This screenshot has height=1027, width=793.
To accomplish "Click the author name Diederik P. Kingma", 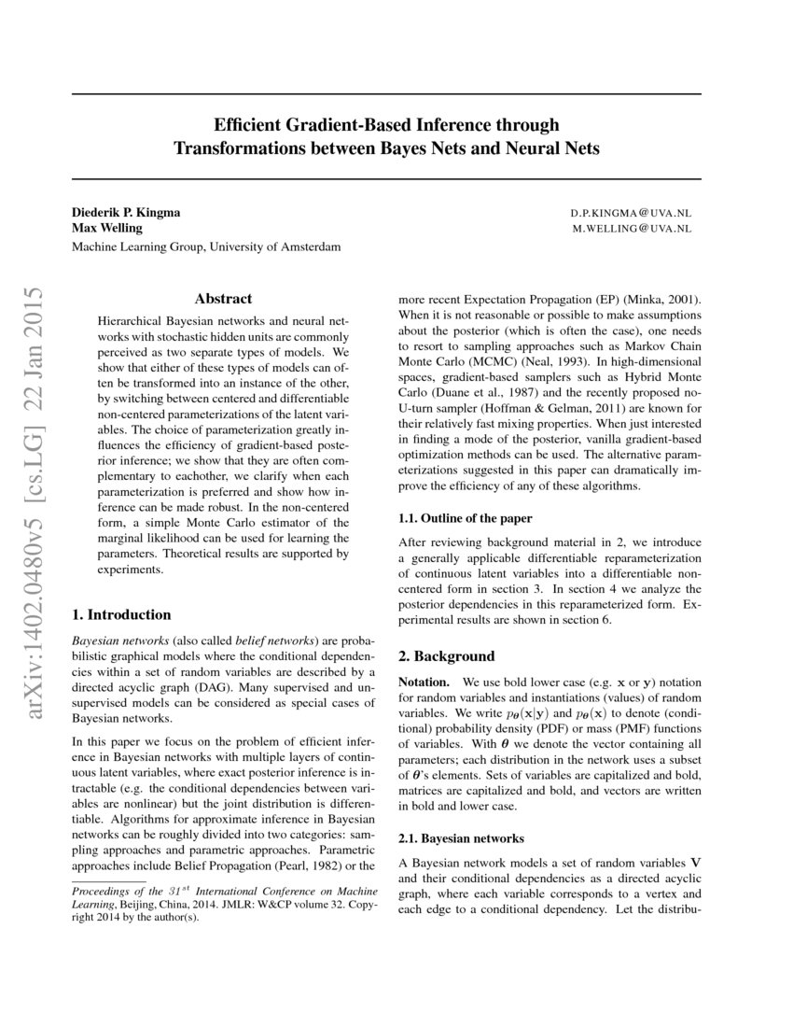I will tap(126, 212).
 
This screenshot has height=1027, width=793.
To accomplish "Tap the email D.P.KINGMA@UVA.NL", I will tap(631, 213).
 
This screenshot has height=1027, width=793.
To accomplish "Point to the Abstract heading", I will tap(223, 299).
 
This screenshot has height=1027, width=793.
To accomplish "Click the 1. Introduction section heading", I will tap(121, 614).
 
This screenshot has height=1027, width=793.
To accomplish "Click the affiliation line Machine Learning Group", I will tap(206, 247).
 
